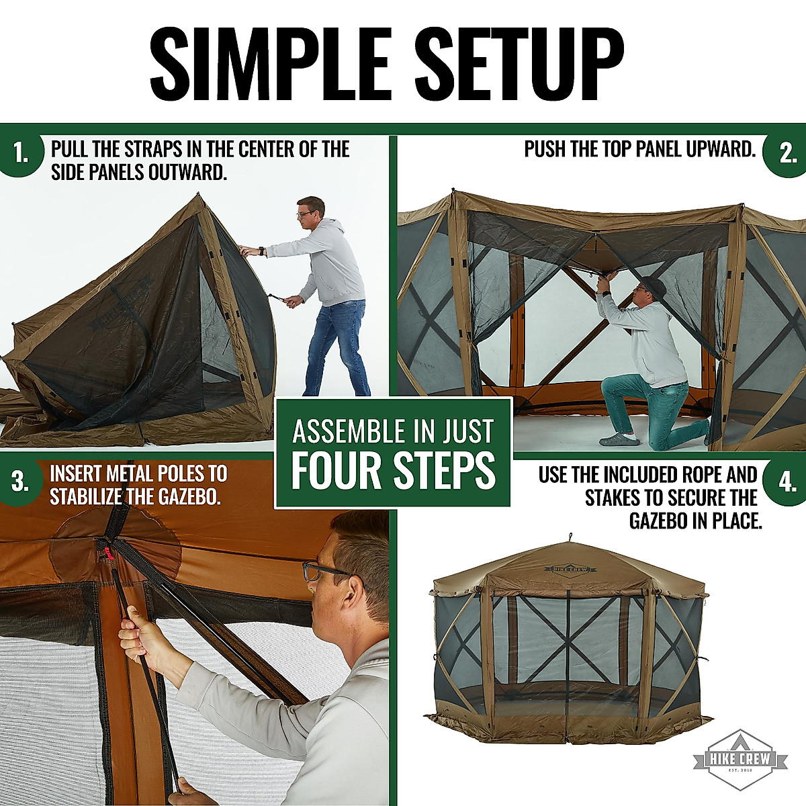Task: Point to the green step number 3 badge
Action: click(20, 482)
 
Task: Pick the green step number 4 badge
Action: click(787, 482)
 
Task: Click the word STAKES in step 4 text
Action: click(613, 498)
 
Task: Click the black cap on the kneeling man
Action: click(652, 286)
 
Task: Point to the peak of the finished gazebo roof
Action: click(570, 537)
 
